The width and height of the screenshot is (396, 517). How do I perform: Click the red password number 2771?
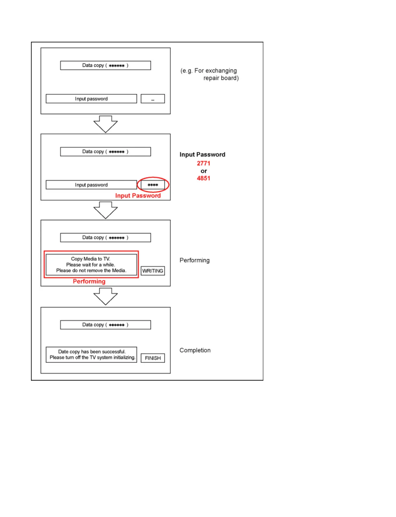(203, 163)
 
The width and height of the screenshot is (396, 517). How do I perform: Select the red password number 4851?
(203, 178)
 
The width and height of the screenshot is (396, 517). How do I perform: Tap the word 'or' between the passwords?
(204, 171)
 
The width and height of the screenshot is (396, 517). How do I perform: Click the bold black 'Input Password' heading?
(202, 154)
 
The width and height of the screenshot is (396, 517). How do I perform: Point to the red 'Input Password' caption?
(138, 196)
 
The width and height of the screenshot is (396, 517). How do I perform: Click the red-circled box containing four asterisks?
(153, 185)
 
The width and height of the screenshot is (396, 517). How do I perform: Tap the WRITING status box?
(153, 271)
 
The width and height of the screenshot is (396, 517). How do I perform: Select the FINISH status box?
(153, 358)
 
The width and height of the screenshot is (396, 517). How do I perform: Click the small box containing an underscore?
(153, 99)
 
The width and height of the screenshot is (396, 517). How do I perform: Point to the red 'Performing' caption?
(89, 281)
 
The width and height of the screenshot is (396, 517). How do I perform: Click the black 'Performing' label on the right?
(194, 260)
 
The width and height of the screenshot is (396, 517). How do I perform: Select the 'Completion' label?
(195, 350)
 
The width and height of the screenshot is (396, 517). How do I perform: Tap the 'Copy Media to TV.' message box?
(91, 265)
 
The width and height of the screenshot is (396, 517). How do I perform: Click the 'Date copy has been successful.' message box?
(91, 355)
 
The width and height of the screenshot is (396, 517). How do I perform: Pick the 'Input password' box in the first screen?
(91, 99)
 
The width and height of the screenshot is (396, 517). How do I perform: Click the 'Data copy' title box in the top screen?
(105, 65)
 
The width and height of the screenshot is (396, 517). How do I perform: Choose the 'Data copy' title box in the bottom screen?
(105, 325)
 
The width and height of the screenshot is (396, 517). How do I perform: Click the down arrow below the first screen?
(105, 124)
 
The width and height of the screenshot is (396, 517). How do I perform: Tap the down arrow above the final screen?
(105, 297)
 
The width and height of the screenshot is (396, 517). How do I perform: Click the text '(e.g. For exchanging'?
(209, 71)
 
